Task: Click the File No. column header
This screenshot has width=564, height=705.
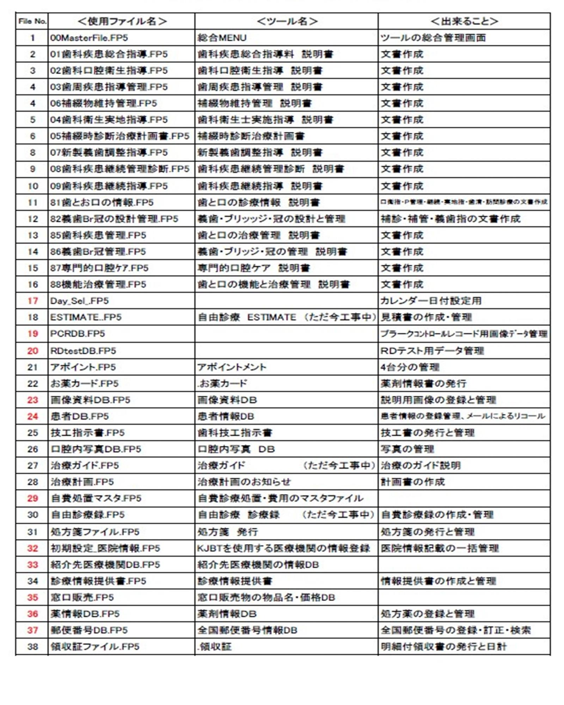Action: coord(32,21)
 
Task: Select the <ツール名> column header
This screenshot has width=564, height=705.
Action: coord(287,21)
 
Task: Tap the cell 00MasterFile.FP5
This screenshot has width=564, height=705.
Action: coord(89,38)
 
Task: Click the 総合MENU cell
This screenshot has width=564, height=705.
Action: coord(222,38)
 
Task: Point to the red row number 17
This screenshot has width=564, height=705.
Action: coord(32,301)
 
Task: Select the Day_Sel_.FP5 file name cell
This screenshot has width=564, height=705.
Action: coord(79,301)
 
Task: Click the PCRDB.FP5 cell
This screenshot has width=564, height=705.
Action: coord(78,333)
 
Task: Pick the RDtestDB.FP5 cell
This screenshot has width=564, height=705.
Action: coord(83,351)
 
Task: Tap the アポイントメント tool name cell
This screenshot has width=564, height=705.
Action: coord(232,367)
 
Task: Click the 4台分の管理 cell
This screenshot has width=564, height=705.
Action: coord(410,367)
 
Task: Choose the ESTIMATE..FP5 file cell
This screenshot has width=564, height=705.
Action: coord(86,317)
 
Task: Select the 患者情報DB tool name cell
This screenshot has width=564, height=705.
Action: coord(226,416)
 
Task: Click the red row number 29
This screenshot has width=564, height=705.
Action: coord(32,498)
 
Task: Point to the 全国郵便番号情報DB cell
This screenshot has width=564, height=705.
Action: coord(247,630)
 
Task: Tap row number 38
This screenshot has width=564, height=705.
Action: coord(32,646)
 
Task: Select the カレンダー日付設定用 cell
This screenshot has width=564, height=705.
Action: coord(431,301)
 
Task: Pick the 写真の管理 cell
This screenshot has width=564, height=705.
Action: coord(407,449)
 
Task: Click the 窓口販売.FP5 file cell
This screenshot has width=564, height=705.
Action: coord(82,597)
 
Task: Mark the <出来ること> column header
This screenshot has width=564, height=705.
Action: coord(464,21)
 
